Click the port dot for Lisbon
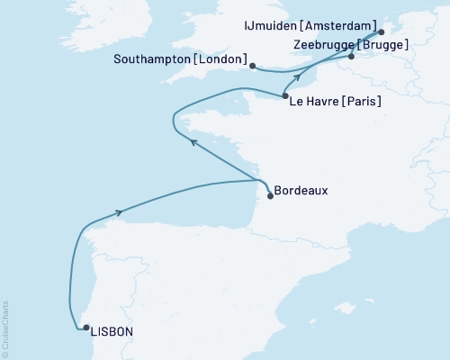pyautogui.click(x=85, y=328)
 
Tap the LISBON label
pyautogui.click(x=112, y=332)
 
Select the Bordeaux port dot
pyautogui.click(x=271, y=195)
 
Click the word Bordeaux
pyautogui.click(x=301, y=191)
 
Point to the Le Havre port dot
pyautogui.click(x=284, y=96)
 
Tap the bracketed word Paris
pyautogui.click(x=362, y=103)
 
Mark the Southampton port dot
pyautogui.click(x=253, y=66)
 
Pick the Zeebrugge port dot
pyautogui.click(x=351, y=57)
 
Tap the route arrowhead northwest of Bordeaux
pyautogui.click(x=193, y=139)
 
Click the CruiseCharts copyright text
pyautogui.click(x=6, y=325)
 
